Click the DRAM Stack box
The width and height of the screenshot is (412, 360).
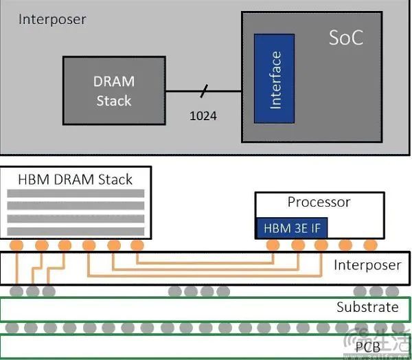point(114,91)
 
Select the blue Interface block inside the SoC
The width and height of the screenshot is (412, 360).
point(275,80)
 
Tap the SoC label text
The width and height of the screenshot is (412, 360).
point(345,38)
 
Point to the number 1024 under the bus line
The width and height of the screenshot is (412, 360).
point(203,116)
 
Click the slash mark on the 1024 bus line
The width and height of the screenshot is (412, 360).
point(203,91)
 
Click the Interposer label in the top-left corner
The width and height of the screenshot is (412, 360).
point(53,19)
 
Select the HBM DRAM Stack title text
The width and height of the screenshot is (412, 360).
point(75,179)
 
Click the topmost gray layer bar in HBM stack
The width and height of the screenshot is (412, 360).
point(76,194)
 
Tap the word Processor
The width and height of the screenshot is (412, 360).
point(319,202)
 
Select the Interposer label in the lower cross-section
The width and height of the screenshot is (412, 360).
point(367,265)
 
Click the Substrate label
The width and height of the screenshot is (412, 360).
point(367,306)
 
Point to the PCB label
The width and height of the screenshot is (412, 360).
point(367,347)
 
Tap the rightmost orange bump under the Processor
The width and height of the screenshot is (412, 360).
point(370,245)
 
